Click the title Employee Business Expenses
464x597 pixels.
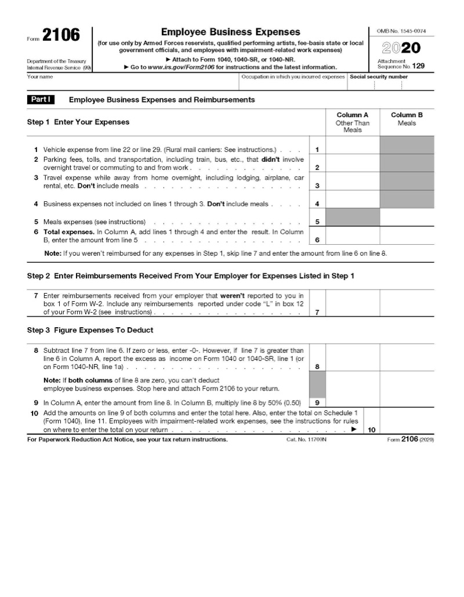point(230,32)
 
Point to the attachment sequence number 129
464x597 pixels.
point(419,66)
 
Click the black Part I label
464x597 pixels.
point(41,100)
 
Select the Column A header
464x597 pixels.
point(352,115)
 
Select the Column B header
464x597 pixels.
point(407,115)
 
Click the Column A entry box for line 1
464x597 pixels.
point(352,145)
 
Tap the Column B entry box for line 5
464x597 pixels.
point(407,217)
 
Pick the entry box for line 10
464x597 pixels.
point(407,426)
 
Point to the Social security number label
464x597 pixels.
point(379,77)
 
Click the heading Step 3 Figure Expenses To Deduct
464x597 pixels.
point(90,330)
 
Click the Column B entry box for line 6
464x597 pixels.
point(407,235)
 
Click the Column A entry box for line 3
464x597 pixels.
point(352,181)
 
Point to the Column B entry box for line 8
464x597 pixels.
point(407,357)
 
